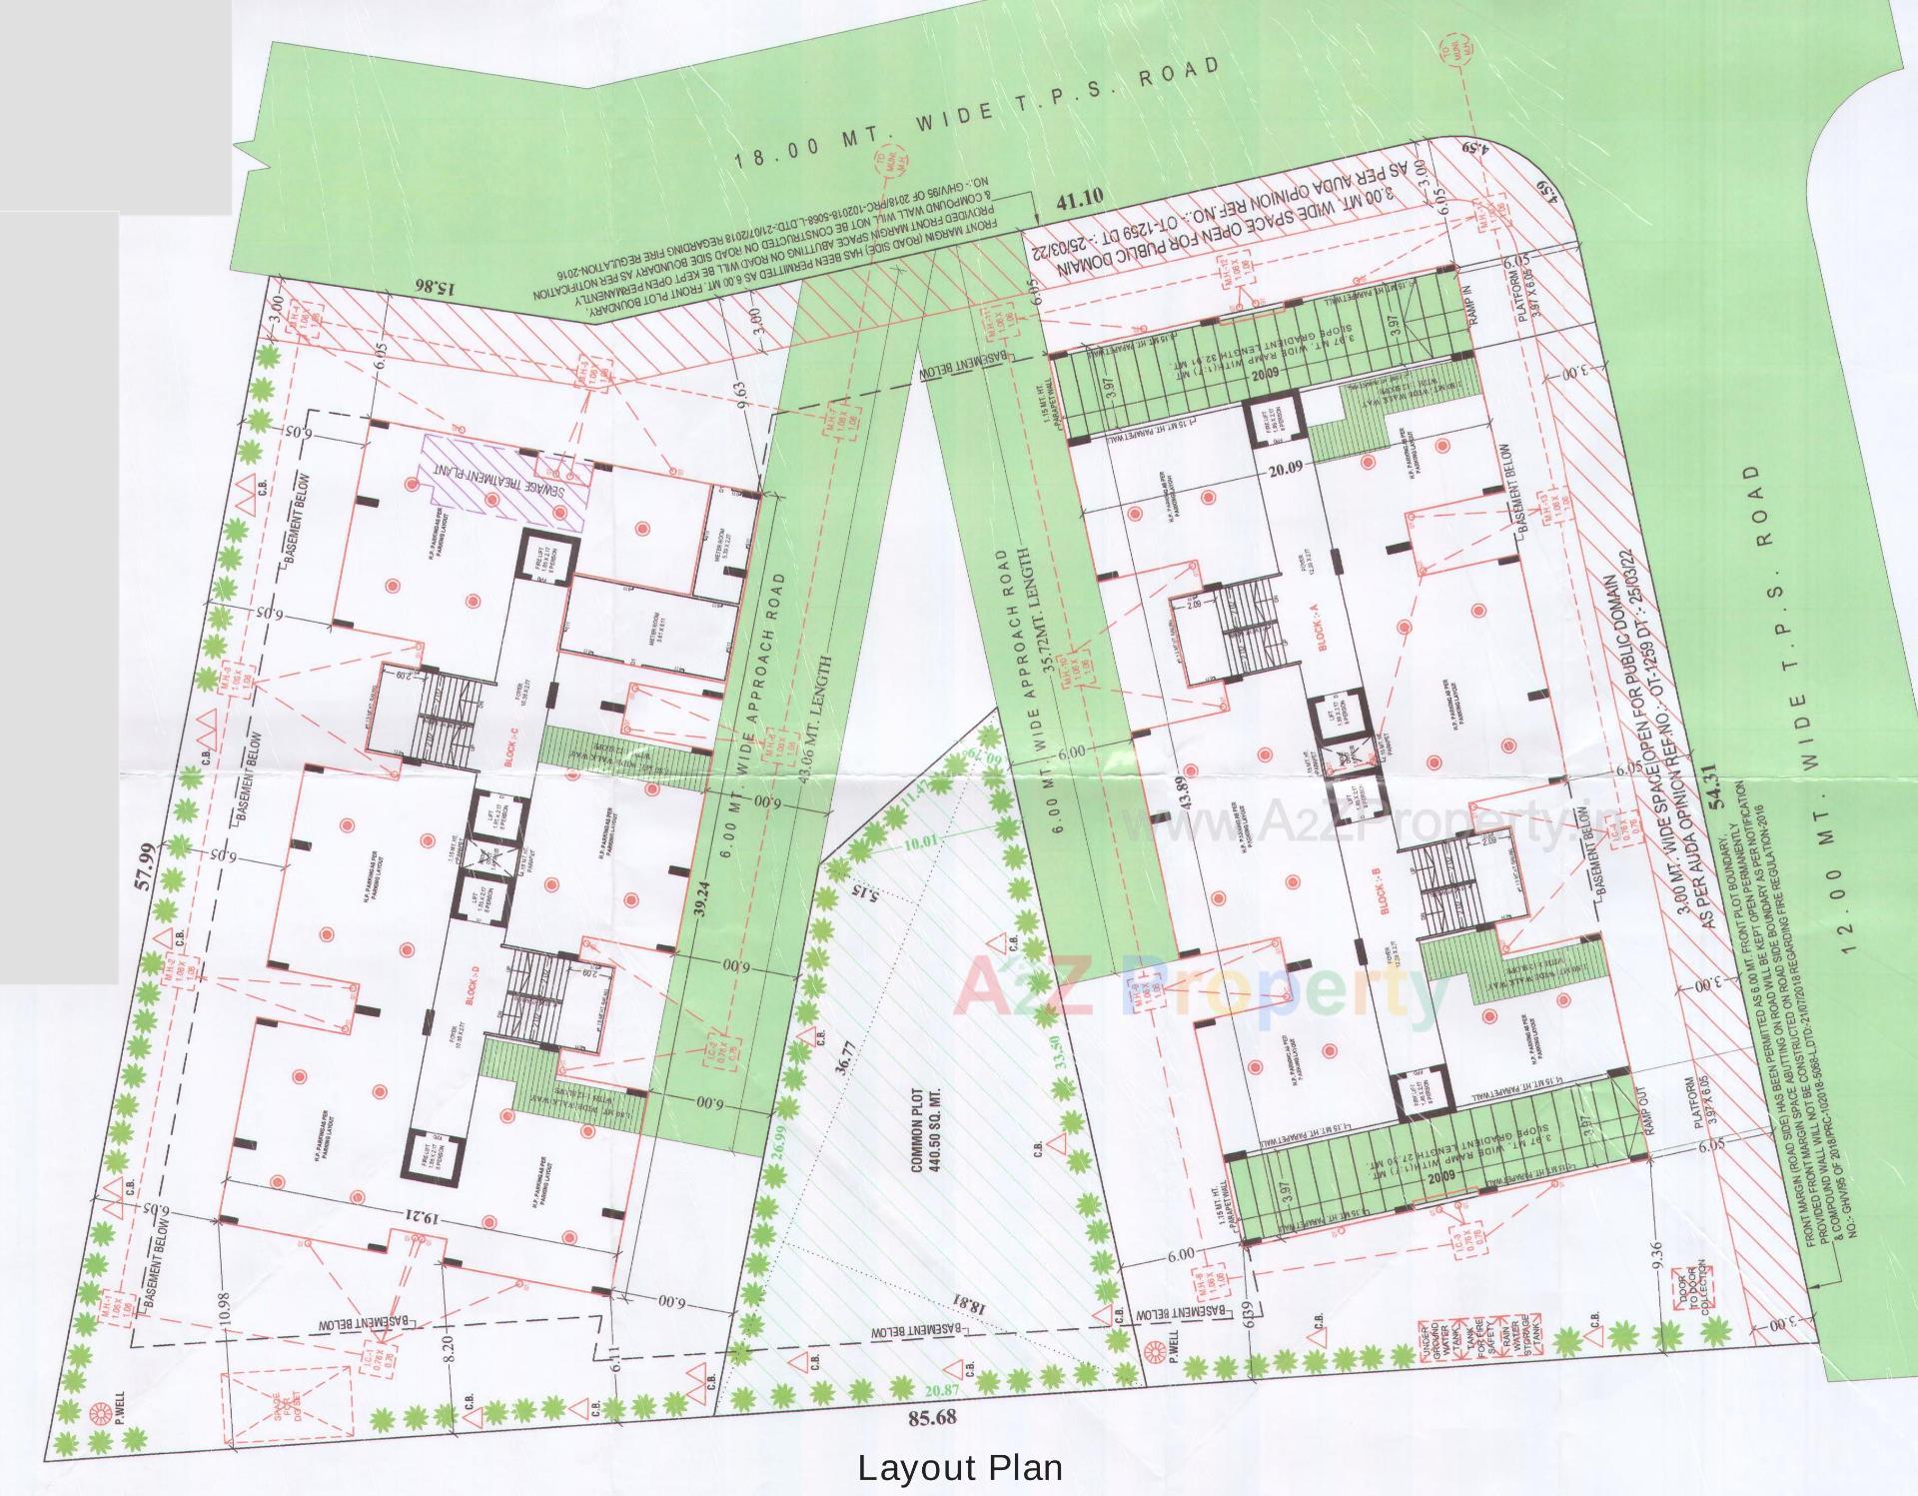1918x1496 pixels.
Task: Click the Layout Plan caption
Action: click(x=960, y=1468)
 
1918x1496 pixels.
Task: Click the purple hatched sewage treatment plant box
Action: click(x=504, y=482)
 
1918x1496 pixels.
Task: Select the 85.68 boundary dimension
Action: click(x=933, y=1417)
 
